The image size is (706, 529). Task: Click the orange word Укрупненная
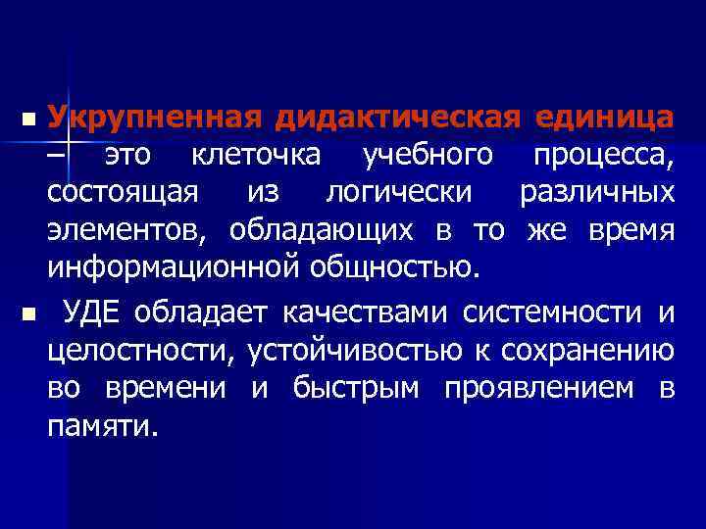[155, 119]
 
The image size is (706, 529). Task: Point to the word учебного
[427, 157]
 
